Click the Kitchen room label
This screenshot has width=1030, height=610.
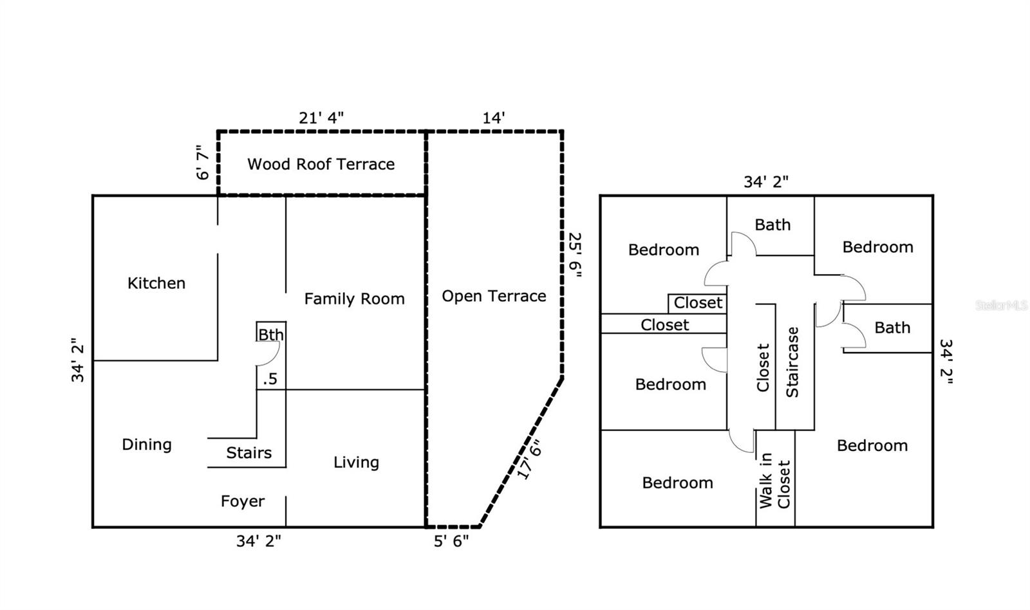tap(156, 283)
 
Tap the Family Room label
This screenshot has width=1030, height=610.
tap(355, 299)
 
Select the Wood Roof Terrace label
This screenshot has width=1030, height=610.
tap(321, 164)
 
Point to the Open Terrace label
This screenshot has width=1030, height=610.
tap(494, 297)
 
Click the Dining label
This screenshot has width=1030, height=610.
tap(147, 445)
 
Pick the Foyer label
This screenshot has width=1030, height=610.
tap(243, 501)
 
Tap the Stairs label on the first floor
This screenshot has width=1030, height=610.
tap(248, 453)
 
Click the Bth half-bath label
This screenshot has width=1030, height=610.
tap(271, 335)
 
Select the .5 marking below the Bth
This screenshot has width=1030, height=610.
tap(270, 379)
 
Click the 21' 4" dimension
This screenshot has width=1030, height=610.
tap(321, 118)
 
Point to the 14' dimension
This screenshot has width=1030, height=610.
tap(493, 118)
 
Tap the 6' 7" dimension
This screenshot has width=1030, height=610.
tap(202, 162)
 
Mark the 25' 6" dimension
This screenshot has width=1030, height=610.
tap(576, 255)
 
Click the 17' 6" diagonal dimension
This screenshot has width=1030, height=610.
tap(530, 459)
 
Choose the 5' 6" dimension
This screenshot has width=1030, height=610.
tap(451, 542)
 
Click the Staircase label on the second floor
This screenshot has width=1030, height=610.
tap(792, 362)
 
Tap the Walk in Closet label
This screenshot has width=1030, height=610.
tap(775, 481)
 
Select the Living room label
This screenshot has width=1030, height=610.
tap(357, 463)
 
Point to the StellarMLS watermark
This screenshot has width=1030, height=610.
tap(1002, 305)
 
